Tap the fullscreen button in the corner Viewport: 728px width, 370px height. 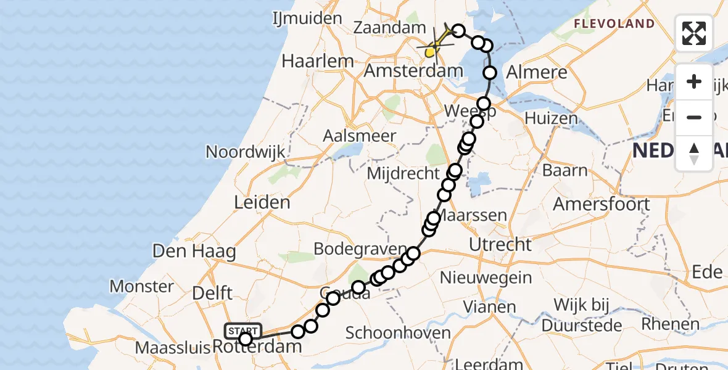[x=694, y=33]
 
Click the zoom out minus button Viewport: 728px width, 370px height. [x=694, y=117]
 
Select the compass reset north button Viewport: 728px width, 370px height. [x=694, y=153]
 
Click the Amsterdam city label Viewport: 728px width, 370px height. [x=413, y=71]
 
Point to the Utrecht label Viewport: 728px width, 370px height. [x=500, y=244]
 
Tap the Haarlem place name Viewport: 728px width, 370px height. [x=318, y=61]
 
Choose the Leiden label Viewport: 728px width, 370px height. [x=262, y=202]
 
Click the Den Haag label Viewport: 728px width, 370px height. [x=194, y=252]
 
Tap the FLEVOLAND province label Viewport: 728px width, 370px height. [x=614, y=24]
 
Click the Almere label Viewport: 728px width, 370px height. [x=536, y=72]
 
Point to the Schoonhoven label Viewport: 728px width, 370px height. [x=398, y=333]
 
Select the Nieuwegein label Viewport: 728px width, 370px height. [x=487, y=277]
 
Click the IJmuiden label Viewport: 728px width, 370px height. [x=307, y=18]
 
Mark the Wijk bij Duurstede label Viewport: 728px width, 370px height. [x=582, y=313]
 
